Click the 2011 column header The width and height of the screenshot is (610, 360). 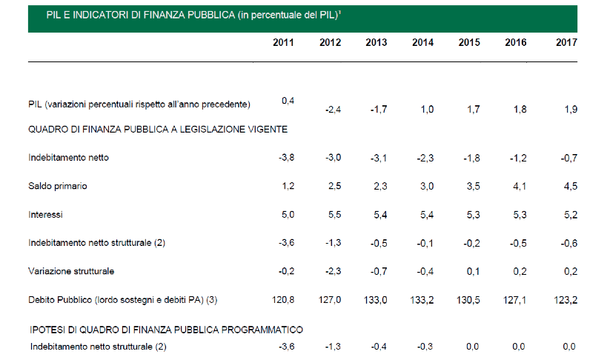click(x=283, y=42)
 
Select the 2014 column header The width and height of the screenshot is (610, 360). click(x=422, y=42)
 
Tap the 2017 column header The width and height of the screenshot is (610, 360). click(x=566, y=42)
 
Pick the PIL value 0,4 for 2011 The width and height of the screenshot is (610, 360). click(x=289, y=101)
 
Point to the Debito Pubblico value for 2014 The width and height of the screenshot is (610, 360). click(x=422, y=300)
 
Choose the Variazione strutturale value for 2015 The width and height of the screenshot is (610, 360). click(x=472, y=271)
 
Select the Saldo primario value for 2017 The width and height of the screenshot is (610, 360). click(x=569, y=186)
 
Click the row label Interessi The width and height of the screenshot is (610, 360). click(x=45, y=215)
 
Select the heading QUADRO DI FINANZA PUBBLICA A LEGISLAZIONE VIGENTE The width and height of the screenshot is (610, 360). click(x=158, y=129)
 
